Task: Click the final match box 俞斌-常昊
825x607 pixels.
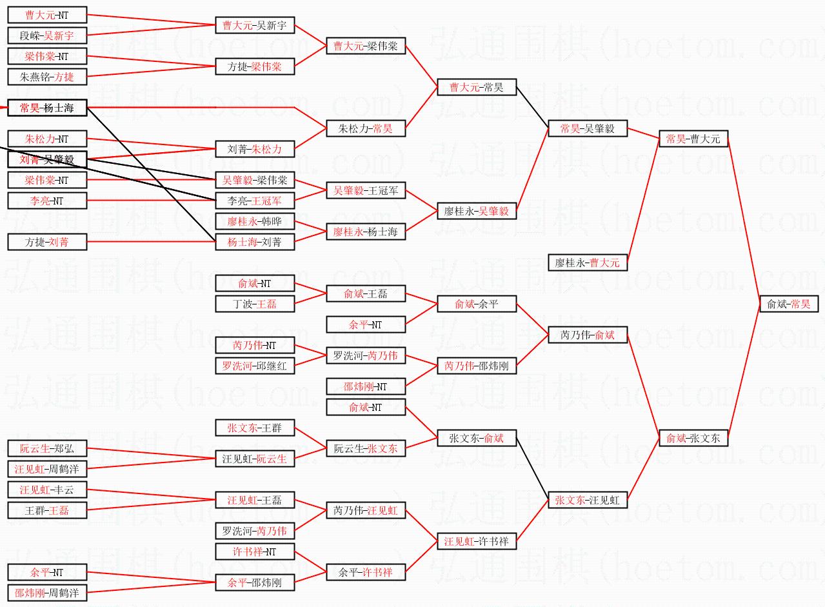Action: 788,304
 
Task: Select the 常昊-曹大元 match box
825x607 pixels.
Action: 693,139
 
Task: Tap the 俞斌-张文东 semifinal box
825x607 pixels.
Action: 693,438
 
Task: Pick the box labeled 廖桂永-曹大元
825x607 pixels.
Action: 588,263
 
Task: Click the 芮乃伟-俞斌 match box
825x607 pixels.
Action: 588,335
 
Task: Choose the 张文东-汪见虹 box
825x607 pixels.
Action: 588,500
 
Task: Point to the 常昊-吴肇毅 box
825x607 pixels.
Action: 588,128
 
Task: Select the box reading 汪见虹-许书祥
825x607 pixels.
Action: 477,541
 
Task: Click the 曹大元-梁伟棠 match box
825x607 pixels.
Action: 366,46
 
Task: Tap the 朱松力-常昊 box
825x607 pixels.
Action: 366,128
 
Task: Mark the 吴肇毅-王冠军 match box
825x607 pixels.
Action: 366,190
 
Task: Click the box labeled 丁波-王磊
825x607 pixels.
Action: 255,304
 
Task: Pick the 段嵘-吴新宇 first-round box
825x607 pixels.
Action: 47,35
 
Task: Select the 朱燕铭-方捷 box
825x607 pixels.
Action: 47,77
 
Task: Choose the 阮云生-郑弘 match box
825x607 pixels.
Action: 47,448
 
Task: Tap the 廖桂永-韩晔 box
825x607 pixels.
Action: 255,221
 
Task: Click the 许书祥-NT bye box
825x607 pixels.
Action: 255,552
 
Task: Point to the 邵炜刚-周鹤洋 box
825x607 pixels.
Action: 47,593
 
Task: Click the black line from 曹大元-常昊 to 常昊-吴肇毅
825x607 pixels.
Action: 532,108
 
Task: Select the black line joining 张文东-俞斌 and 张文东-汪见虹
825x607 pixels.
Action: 532,469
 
